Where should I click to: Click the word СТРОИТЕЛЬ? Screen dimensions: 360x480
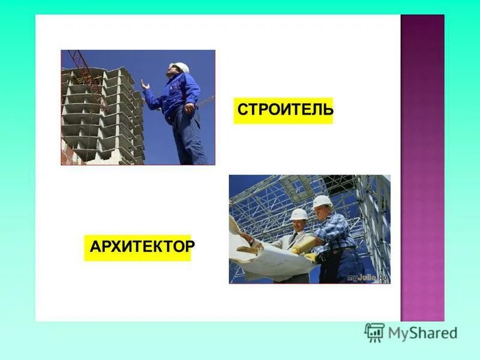[x=284, y=110]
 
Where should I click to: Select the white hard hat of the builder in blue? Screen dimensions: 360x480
[x=179, y=67]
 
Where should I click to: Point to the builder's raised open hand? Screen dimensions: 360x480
[x=145, y=85]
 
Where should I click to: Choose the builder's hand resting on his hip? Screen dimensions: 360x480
[x=189, y=109]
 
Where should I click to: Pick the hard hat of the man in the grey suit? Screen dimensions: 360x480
[x=298, y=214]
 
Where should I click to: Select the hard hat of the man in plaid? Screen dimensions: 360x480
[x=322, y=201]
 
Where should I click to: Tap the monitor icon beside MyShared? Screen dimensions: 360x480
[x=374, y=332]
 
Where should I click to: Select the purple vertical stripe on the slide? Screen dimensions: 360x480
[x=422, y=168]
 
